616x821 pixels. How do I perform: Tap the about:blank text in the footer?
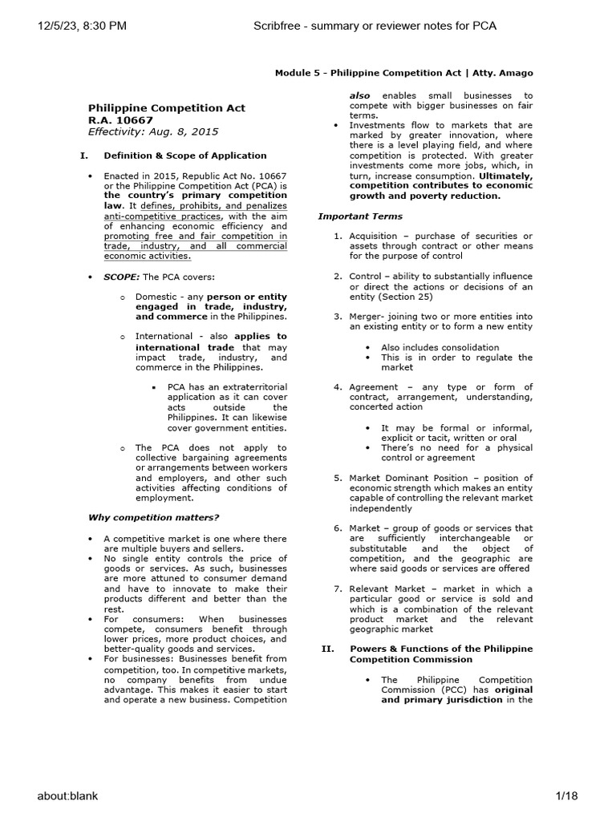(67, 795)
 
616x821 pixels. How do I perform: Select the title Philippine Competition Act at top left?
(166, 107)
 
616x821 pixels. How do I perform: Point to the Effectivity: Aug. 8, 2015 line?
(152, 131)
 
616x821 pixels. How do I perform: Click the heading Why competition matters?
(153, 517)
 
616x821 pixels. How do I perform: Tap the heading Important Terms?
(360, 216)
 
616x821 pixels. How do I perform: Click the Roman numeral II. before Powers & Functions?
(326, 649)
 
